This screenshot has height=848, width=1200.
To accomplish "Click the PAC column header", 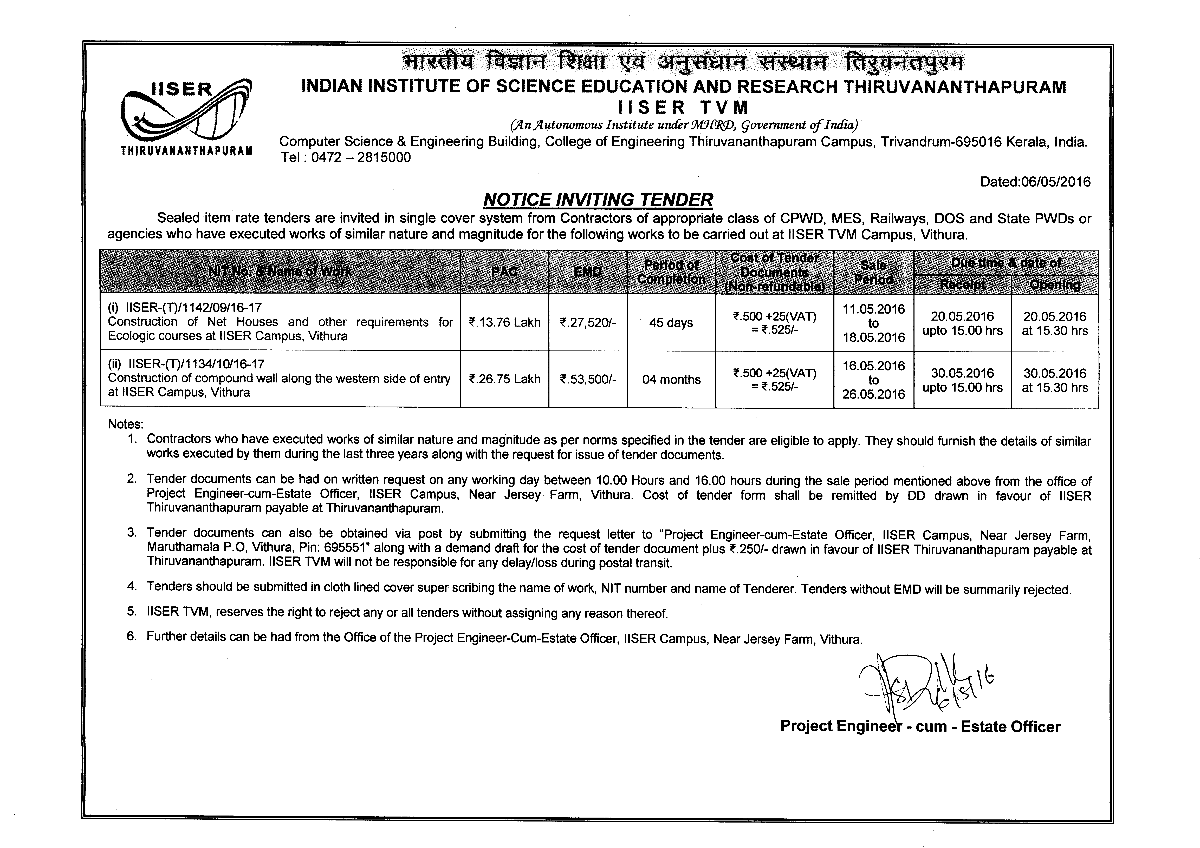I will click(x=504, y=272).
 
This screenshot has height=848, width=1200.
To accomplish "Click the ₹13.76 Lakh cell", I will click(x=504, y=322).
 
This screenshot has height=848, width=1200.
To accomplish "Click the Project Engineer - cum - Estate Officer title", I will click(x=920, y=727).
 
